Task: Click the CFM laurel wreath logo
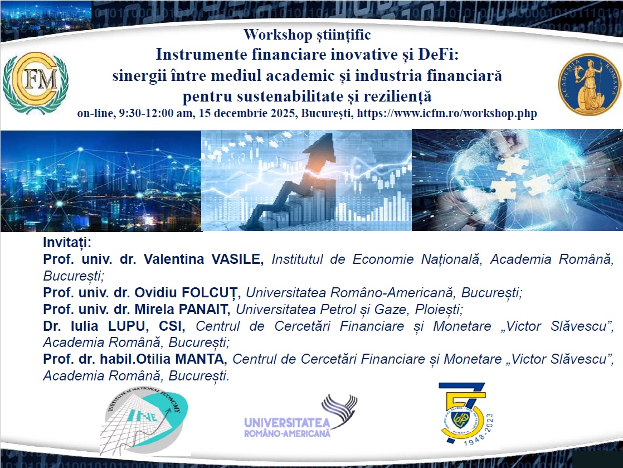point(35,83)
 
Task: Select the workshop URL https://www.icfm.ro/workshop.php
point(447,113)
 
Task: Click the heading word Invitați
point(67,242)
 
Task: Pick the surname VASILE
point(236,259)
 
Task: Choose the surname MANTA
point(199,359)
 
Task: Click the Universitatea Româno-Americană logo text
point(288,427)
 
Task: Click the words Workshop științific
point(307,35)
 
